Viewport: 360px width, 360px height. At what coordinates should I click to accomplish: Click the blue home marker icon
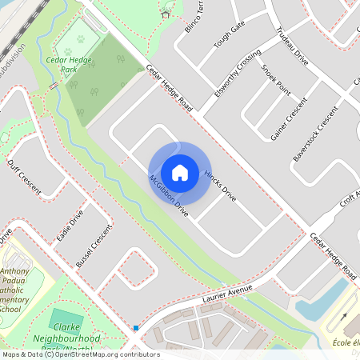(x=180, y=172)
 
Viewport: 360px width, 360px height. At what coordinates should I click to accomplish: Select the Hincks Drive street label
(x=220, y=184)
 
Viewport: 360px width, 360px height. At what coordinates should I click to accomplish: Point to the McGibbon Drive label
(x=168, y=197)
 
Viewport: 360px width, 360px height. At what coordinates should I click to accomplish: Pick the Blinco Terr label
(x=195, y=16)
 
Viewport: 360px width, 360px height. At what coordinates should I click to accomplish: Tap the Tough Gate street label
(x=230, y=36)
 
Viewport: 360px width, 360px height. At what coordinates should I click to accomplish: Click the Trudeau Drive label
(x=291, y=45)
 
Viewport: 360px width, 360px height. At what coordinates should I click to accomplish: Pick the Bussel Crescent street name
(x=94, y=250)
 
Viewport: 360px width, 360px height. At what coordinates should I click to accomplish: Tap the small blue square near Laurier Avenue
(x=136, y=327)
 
